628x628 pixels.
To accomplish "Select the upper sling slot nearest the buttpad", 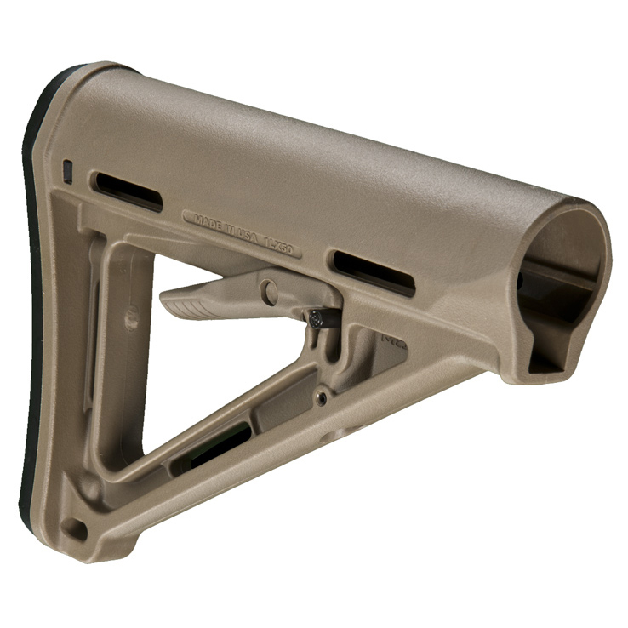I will click(x=128, y=191).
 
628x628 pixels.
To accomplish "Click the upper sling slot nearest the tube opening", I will click(x=373, y=272).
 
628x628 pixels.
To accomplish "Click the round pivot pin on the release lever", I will click(x=270, y=293).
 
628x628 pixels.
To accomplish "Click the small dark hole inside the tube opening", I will click(x=521, y=279).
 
